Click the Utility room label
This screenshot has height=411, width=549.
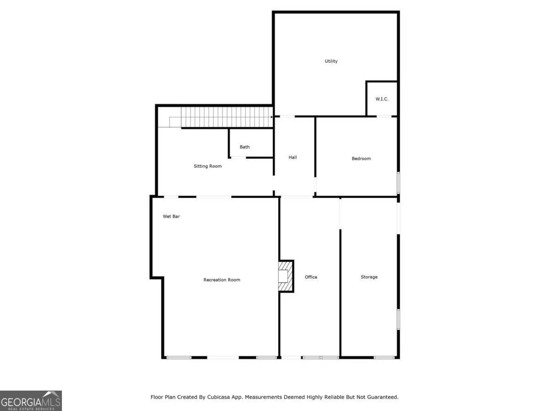coord(331,61)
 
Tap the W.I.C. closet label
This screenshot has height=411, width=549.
coord(382,99)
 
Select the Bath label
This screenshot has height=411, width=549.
coord(245,147)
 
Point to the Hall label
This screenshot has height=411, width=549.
coord(293,157)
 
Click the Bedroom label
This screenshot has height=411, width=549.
coord(361,158)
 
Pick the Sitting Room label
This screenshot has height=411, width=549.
coord(208,166)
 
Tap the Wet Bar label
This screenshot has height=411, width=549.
coord(171,216)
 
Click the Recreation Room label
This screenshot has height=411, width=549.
coord(222,280)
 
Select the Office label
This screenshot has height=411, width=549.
coord(311,277)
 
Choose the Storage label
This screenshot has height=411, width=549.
coord(369,277)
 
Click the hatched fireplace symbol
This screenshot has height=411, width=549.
coord(285,276)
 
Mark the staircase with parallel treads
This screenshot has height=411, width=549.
coord(226,117)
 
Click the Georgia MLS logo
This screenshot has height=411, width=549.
coord(31,401)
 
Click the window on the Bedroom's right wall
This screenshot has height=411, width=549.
coord(399,183)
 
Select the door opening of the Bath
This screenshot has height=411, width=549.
coord(238,158)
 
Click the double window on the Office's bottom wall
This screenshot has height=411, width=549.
coord(321,358)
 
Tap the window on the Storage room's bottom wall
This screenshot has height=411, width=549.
coord(384,358)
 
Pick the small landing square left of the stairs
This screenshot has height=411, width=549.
coord(175,122)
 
